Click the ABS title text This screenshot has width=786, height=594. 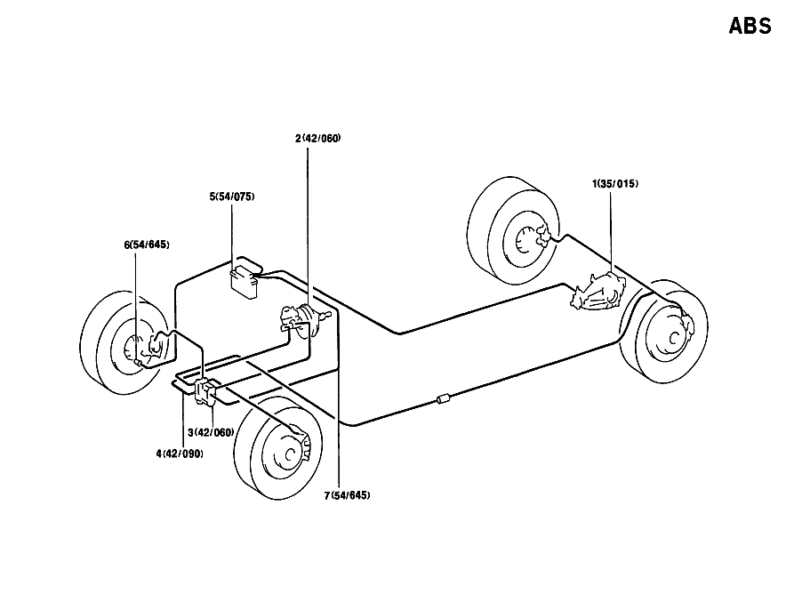pos(750,26)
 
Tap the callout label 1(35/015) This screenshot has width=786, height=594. pos(615,184)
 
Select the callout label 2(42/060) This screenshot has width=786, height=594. pos(317,139)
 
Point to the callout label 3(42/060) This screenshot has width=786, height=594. pos(211,432)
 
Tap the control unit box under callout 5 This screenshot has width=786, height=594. pos(245,282)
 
